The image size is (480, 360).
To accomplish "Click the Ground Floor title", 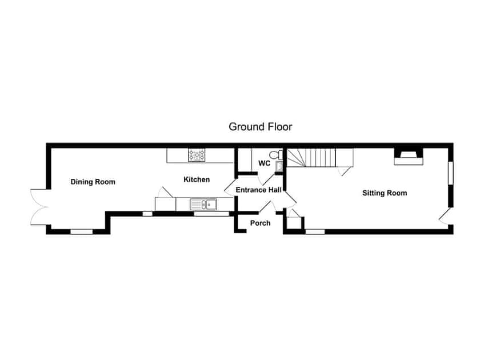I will (x=261, y=126).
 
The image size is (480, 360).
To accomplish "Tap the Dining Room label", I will (x=93, y=182).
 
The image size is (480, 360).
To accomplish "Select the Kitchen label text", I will (x=196, y=179).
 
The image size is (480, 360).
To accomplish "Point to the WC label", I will (x=264, y=163).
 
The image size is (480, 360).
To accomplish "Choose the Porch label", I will (x=260, y=223).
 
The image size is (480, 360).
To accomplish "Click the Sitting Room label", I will (x=385, y=193).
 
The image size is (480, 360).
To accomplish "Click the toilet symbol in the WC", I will (x=274, y=154).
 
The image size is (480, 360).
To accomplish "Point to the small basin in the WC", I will (x=278, y=166).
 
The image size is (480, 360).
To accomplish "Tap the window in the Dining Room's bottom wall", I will (x=82, y=231).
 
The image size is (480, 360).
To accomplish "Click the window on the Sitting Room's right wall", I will (x=450, y=173).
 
